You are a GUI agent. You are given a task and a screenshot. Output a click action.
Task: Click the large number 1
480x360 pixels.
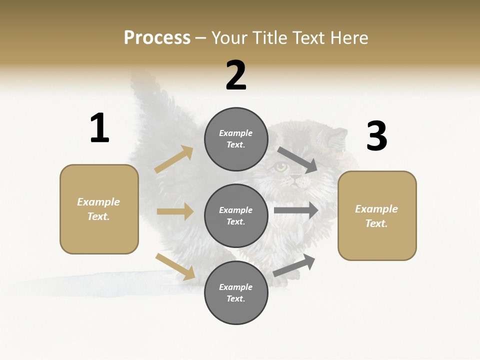click(99, 128)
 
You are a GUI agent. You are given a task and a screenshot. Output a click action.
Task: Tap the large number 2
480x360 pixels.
click(236, 75)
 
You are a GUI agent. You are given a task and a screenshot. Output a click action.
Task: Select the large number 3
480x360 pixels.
click(376, 136)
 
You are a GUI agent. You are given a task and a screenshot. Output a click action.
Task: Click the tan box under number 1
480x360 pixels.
click(99, 209)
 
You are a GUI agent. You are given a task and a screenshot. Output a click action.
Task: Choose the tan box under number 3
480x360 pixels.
click(377, 216)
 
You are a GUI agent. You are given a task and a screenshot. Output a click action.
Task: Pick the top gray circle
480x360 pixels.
click(236, 139)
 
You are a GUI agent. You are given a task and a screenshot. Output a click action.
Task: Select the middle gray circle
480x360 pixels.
click(236, 215)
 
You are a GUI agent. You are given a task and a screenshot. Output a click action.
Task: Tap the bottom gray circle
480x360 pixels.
click(236, 292)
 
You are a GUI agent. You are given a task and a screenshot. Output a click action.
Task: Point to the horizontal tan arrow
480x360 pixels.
click(175, 211)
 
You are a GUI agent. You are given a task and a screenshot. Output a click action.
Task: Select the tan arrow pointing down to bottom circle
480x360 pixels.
click(175, 266)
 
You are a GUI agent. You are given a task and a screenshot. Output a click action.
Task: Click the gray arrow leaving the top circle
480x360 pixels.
click(298, 159)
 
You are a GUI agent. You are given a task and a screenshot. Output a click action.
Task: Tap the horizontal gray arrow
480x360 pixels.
click(296, 210)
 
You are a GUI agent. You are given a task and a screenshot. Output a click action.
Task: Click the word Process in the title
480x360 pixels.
click(157, 37)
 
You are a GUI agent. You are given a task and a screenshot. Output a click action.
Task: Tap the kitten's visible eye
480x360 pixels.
click(281, 167)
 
